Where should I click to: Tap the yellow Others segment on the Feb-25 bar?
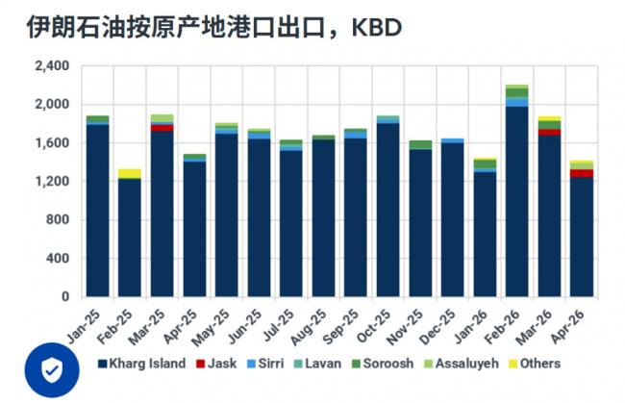coord(129,173)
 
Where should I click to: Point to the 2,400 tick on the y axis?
coord(50,65)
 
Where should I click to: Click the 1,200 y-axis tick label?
coord(50,181)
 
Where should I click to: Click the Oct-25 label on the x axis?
coord(380,317)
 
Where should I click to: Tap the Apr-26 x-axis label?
coord(574,317)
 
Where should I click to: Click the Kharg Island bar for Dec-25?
coord(452,220)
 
